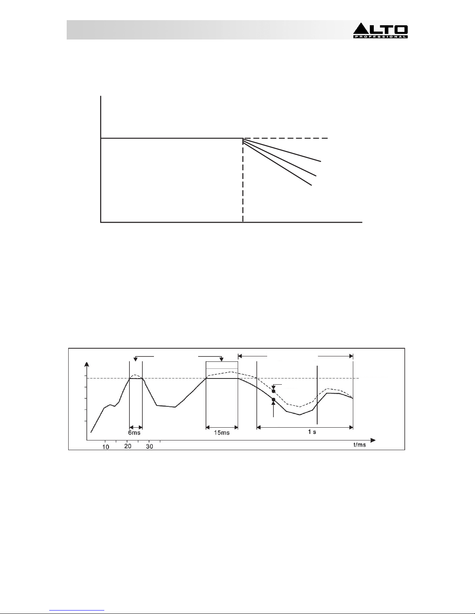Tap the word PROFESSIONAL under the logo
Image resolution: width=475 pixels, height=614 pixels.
(x=380, y=37)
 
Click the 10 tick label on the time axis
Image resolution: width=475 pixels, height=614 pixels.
(x=105, y=447)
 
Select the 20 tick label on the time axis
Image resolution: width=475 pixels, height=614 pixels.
(x=128, y=446)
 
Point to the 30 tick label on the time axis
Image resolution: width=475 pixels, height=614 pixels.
(x=149, y=446)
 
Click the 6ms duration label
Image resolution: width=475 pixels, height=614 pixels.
(x=134, y=433)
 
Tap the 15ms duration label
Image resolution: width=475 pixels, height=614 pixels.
(x=222, y=433)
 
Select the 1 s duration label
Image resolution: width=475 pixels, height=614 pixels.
(x=312, y=432)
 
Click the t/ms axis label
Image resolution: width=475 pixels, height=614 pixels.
(x=360, y=445)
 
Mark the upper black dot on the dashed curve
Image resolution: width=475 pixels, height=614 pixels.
(x=273, y=391)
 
